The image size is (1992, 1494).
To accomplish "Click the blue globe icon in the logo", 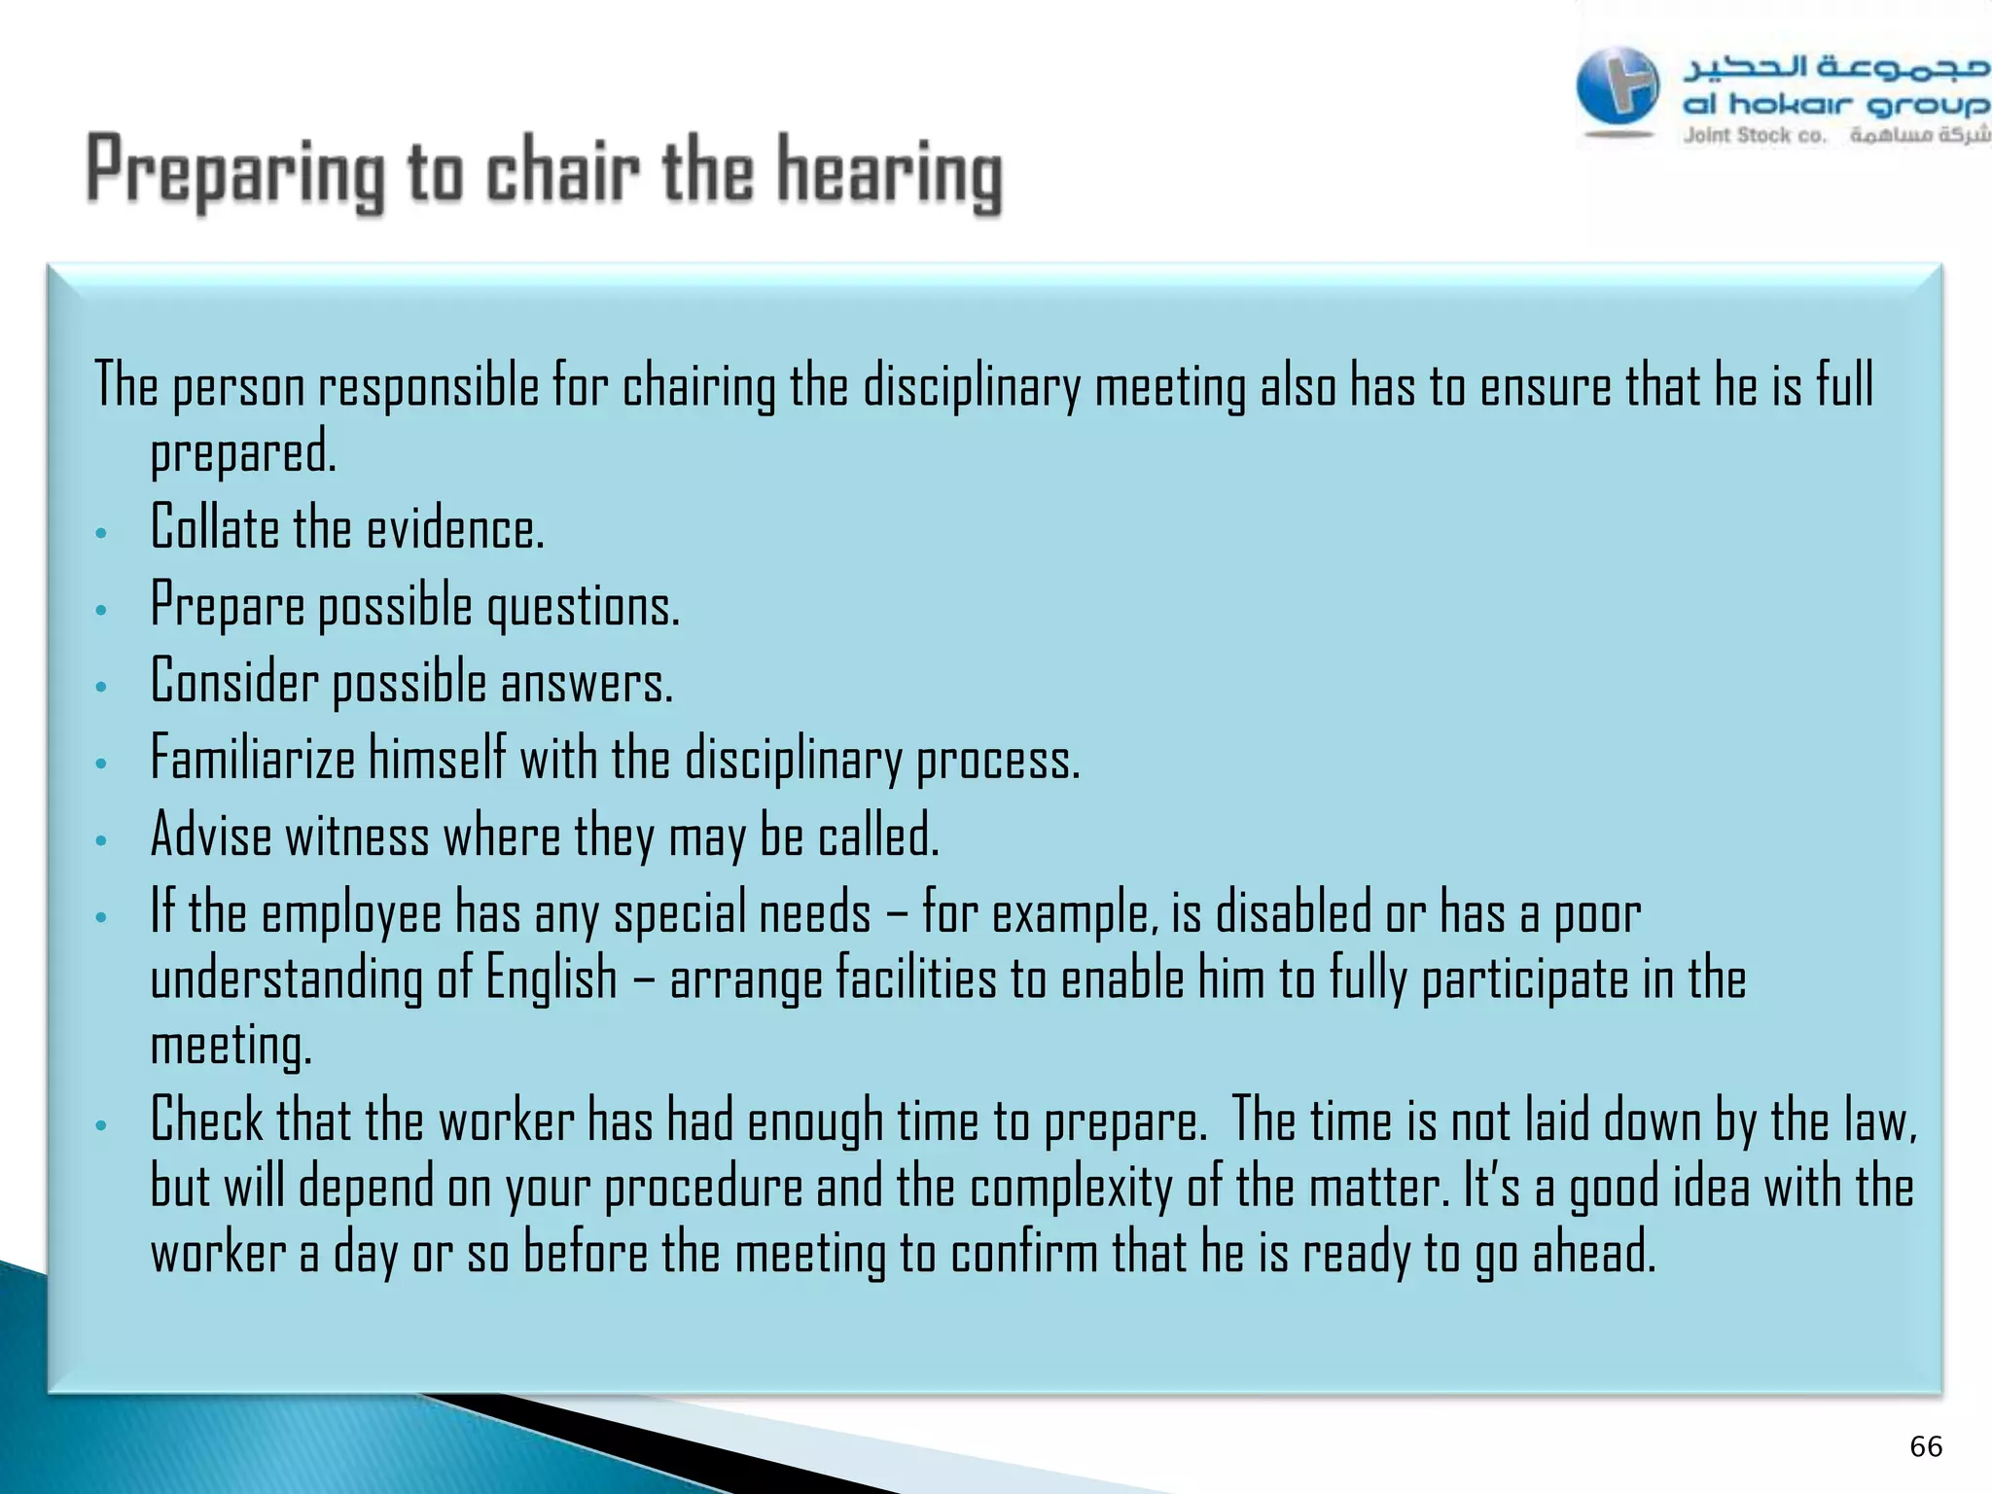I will click(1617, 88).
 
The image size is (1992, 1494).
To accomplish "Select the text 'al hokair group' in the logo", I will click(1834, 103).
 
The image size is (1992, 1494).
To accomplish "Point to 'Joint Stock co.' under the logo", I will click(1755, 135).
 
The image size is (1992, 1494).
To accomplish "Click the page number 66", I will click(1926, 1446).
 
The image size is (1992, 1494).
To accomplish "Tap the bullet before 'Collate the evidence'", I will click(101, 533).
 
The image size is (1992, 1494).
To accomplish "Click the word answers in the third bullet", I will click(587, 683).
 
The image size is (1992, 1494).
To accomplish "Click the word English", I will click(551, 978).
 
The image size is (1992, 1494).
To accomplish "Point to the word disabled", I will click(1294, 912).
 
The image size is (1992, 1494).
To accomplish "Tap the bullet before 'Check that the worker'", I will click(101, 1126).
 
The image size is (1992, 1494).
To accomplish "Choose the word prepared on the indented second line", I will click(242, 452).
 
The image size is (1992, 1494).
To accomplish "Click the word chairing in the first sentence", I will click(698, 386).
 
